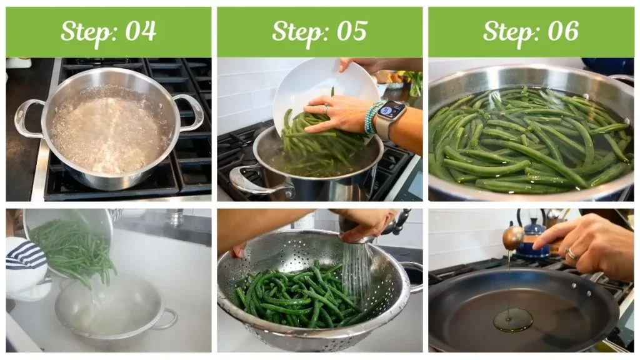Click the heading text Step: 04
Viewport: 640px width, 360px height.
click(108, 31)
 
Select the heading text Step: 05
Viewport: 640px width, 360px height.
click(319, 31)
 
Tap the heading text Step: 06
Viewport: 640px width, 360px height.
click(531, 31)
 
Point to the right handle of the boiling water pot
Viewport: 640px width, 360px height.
click(190, 111)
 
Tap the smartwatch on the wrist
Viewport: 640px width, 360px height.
click(390, 114)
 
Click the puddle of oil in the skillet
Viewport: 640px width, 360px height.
click(513, 320)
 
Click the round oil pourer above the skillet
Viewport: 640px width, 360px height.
click(513, 237)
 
